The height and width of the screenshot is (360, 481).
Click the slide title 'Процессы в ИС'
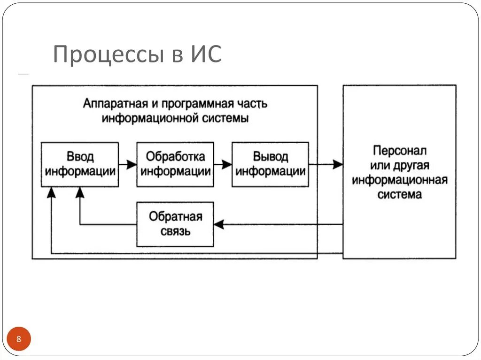[137, 54]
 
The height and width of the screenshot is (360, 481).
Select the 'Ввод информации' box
[80, 164]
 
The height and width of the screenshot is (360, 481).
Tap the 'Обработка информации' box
[175, 164]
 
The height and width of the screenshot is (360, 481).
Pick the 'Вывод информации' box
[271, 164]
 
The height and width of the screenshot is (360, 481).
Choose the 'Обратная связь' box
[175, 224]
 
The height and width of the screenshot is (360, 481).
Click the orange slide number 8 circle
[19, 339]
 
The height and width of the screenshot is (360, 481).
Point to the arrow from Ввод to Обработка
[127, 165]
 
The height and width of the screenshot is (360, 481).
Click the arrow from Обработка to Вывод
[223, 165]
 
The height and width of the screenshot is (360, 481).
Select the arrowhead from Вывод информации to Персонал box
[337, 165]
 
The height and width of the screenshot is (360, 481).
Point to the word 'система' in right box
[399, 194]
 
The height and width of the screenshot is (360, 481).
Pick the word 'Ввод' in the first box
[80, 157]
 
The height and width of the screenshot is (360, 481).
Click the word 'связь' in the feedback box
[175, 231]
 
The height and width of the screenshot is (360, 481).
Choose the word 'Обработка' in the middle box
[175, 156]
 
